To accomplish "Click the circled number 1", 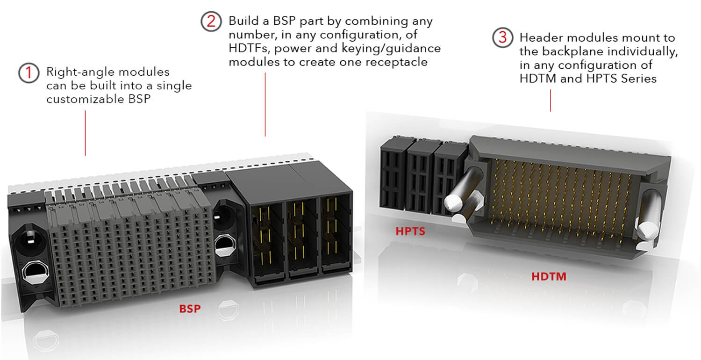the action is (29, 73).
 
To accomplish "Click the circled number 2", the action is (211, 22).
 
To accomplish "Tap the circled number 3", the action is (502, 37).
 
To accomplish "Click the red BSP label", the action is (190, 309).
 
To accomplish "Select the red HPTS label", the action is (410, 231).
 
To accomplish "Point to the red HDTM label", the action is (549, 276).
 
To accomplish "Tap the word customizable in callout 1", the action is (85, 99).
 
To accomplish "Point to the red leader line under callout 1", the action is (85, 133).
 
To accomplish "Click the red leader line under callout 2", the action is (265, 105).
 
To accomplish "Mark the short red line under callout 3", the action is (551, 101).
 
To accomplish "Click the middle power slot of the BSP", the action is (302, 238).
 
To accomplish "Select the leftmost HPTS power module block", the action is (393, 175).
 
